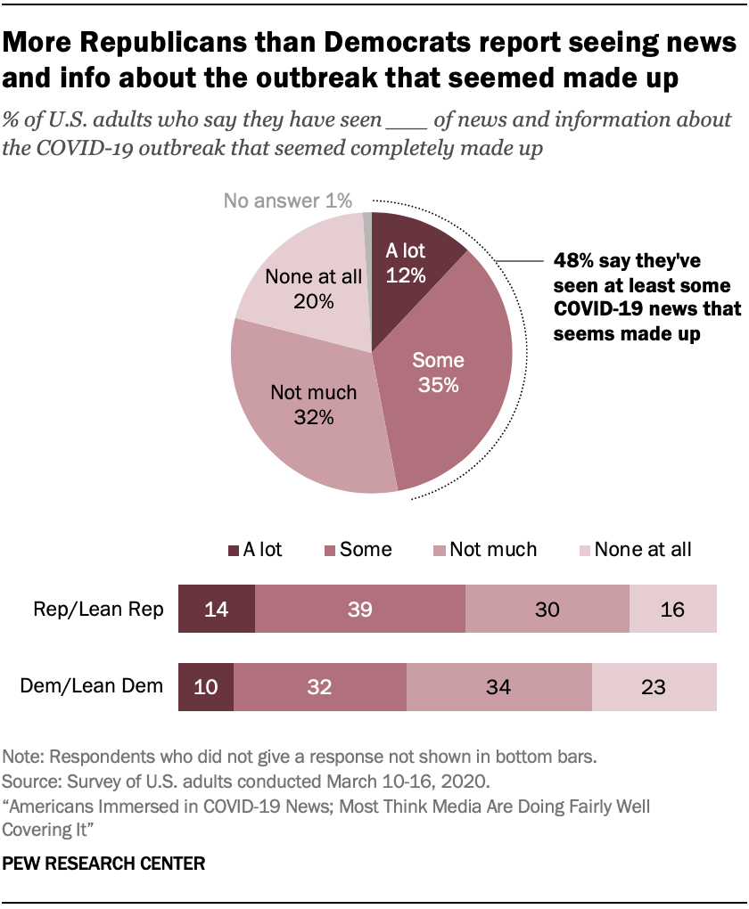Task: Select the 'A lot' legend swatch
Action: click(x=235, y=550)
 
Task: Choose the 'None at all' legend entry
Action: click(x=642, y=550)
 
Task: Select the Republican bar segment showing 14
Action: click(x=217, y=609)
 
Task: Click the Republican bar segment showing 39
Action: click(x=360, y=609)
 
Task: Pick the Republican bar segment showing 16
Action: click(x=673, y=609)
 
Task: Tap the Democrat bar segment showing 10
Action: click(x=206, y=687)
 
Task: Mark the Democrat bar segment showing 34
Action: click(x=499, y=687)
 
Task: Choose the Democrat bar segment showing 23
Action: click(x=654, y=687)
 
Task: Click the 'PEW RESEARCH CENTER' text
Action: click(x=104, y=864)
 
